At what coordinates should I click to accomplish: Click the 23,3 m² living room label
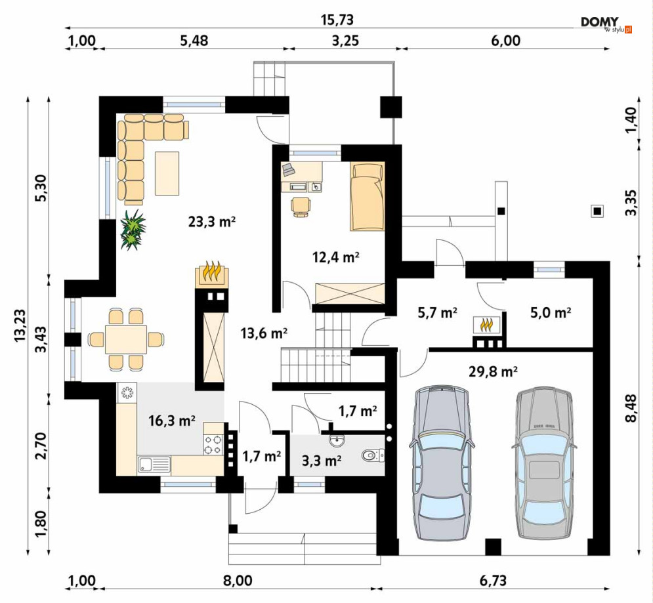point(212,222)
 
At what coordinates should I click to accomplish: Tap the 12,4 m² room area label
point(336,257)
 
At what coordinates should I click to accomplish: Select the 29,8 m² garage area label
point(493,371)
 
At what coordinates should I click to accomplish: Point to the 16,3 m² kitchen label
point(172,421)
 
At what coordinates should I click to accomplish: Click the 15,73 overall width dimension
point(337,20)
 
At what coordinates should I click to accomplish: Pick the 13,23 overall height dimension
point(20,325)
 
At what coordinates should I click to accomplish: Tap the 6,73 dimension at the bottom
point(493,580)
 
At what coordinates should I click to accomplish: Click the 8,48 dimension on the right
point(631,408)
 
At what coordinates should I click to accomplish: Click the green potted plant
point(133,230)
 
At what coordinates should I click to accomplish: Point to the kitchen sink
point(154,465)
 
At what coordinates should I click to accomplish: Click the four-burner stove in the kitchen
point(213,444)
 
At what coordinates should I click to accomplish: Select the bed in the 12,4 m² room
point(367,196)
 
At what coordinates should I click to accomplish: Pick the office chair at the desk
point(301,207)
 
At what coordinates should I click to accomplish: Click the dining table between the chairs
point(126,339)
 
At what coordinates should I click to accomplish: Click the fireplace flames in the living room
point(211,272)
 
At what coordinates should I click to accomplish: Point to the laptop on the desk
point(289,169)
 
